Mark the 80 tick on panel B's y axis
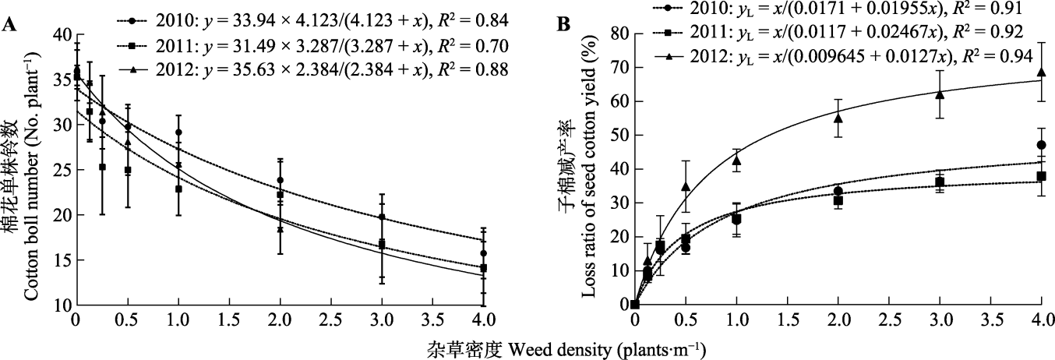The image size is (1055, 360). pyautogui.click(x=618, y=34)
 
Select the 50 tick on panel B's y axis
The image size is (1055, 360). pyautogui.click(x=618, y=135)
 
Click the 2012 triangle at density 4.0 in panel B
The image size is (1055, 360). pyautogui.click(x=1041, y=72)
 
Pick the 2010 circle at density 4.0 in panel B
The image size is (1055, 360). pyautogui.click(x=1041, y=145)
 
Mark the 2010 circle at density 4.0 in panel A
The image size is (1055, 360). pyautogui.click(x=484, y=253)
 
